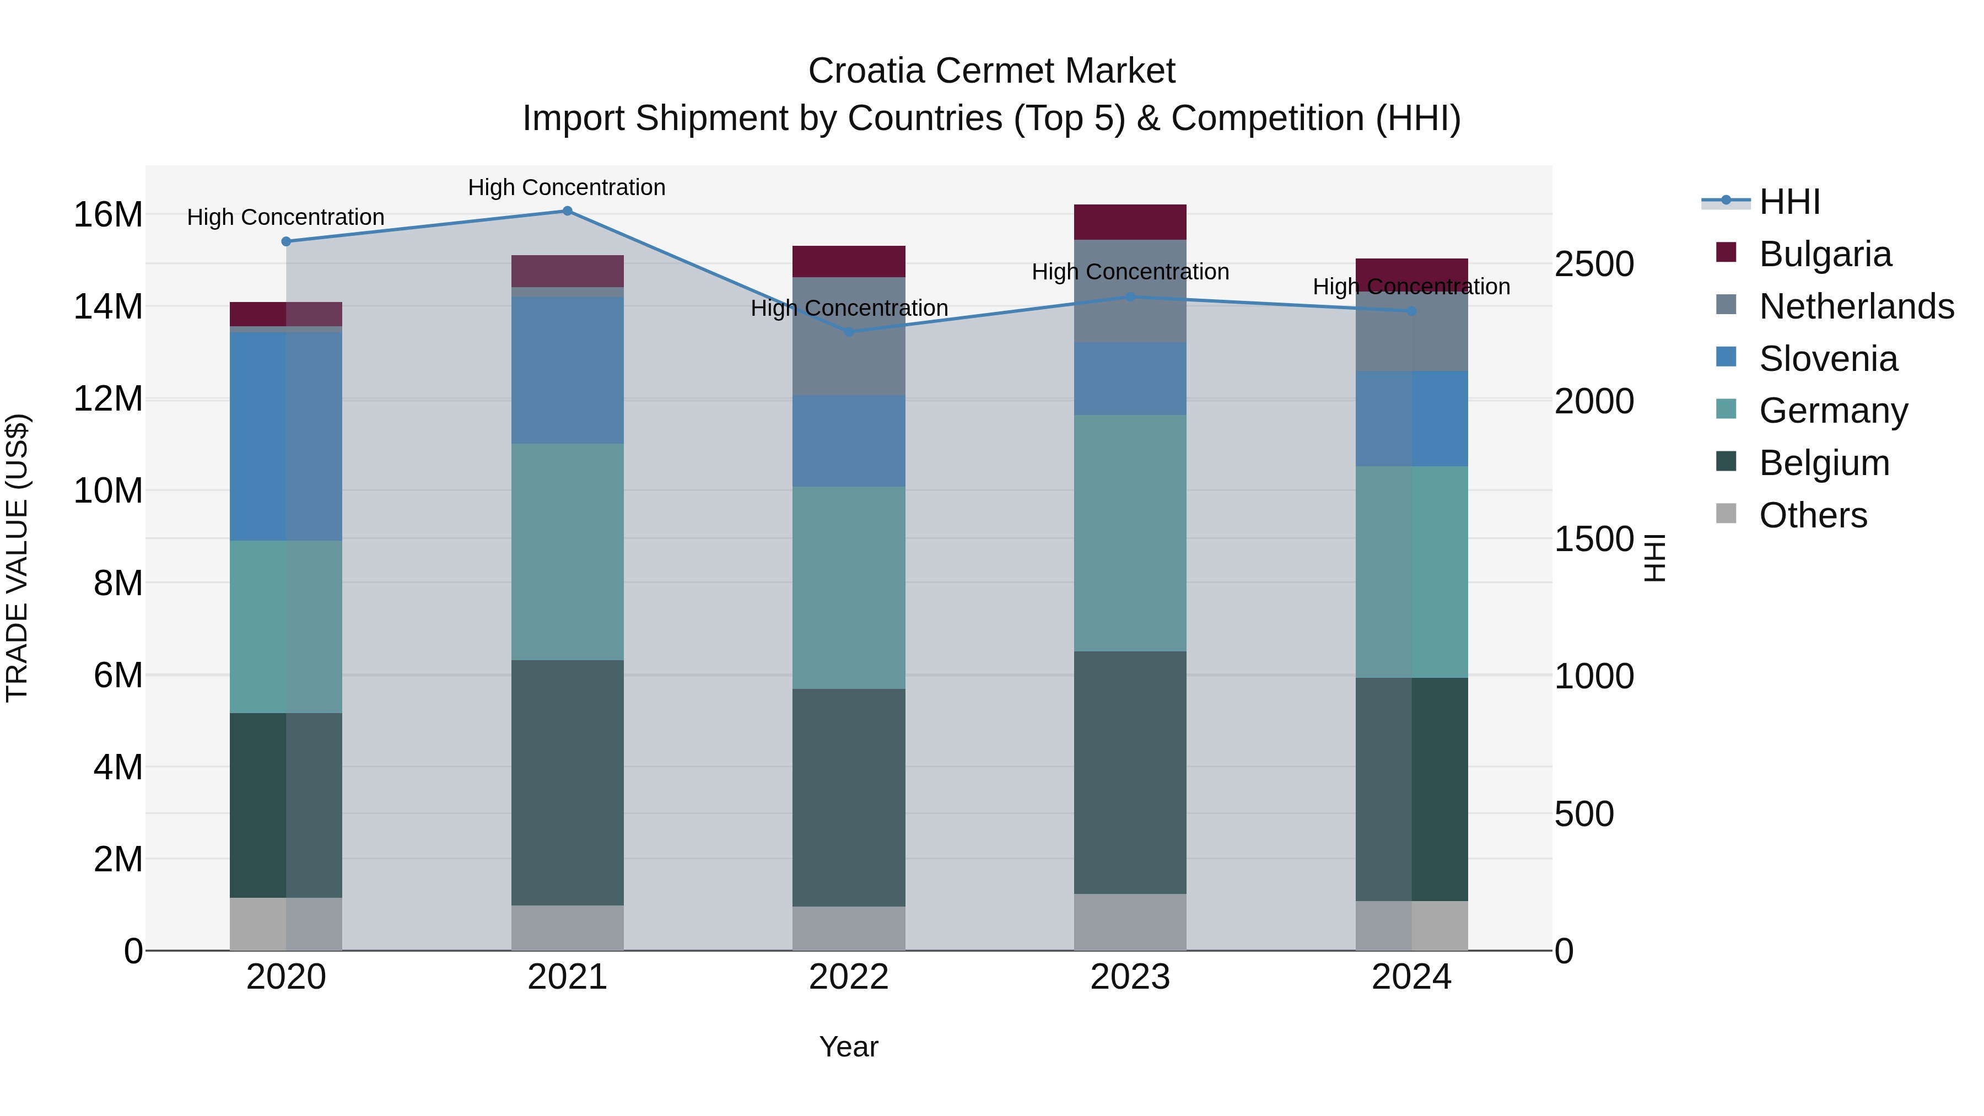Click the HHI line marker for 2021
567,211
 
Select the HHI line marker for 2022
849,332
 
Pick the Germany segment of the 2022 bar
849,587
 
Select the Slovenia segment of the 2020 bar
285,436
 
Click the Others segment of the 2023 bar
1130,922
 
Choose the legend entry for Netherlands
1856,306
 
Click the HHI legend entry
1789,202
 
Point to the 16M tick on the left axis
108,215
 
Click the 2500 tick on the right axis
1593,264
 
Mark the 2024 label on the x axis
1411,977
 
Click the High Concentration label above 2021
567,187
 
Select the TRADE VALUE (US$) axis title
17,558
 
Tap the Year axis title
849,1047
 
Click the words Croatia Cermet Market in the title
991,71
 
